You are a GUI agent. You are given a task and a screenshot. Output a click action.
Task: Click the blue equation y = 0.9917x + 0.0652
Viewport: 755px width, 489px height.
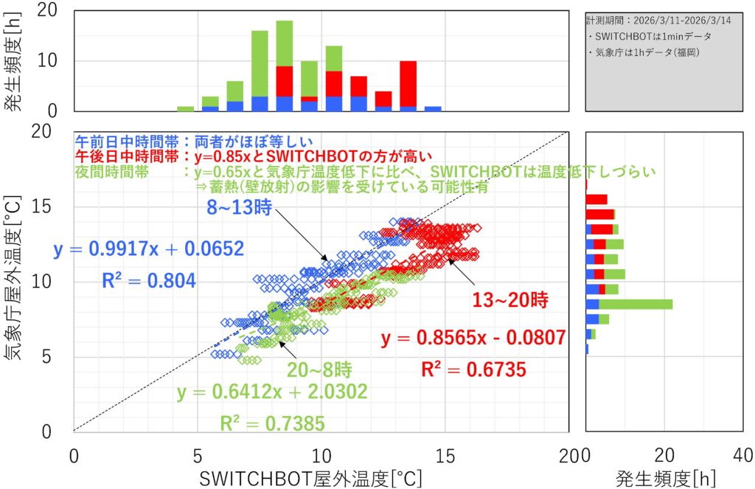[x=148, y=249]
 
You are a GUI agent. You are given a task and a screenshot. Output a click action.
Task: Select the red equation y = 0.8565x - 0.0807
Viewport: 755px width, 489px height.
[x=473, y=339]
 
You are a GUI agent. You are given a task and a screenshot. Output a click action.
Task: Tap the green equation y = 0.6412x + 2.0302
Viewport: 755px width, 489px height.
[x=272, y=392]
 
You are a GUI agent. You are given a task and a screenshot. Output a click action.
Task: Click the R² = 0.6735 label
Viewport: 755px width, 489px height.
[x=474, y=370]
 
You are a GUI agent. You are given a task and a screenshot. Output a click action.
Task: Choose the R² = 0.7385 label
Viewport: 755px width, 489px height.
[x=272, y=423]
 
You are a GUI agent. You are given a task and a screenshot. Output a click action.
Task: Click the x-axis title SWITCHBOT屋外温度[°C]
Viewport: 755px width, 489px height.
[x=310, y=478]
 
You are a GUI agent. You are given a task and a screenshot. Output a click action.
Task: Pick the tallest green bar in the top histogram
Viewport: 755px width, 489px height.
[x=285, y=44]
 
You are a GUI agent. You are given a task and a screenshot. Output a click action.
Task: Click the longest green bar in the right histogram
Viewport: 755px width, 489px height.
[x=636, y=304]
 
